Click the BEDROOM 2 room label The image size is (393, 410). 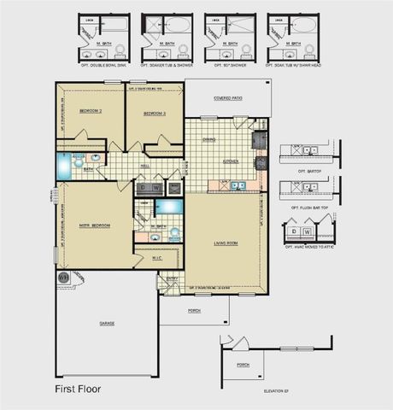point(91,112)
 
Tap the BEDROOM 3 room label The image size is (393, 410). point(154,113)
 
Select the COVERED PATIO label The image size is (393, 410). point(227,98)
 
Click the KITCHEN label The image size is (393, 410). point(230,161)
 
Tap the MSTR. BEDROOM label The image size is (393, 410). point(96,225)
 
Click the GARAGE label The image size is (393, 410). point(107,323)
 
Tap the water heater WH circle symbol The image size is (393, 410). point(63,277)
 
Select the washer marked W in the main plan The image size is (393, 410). point(157,187)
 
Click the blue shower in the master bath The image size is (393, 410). point(169,206)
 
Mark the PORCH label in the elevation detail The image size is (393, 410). point(243,364)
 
